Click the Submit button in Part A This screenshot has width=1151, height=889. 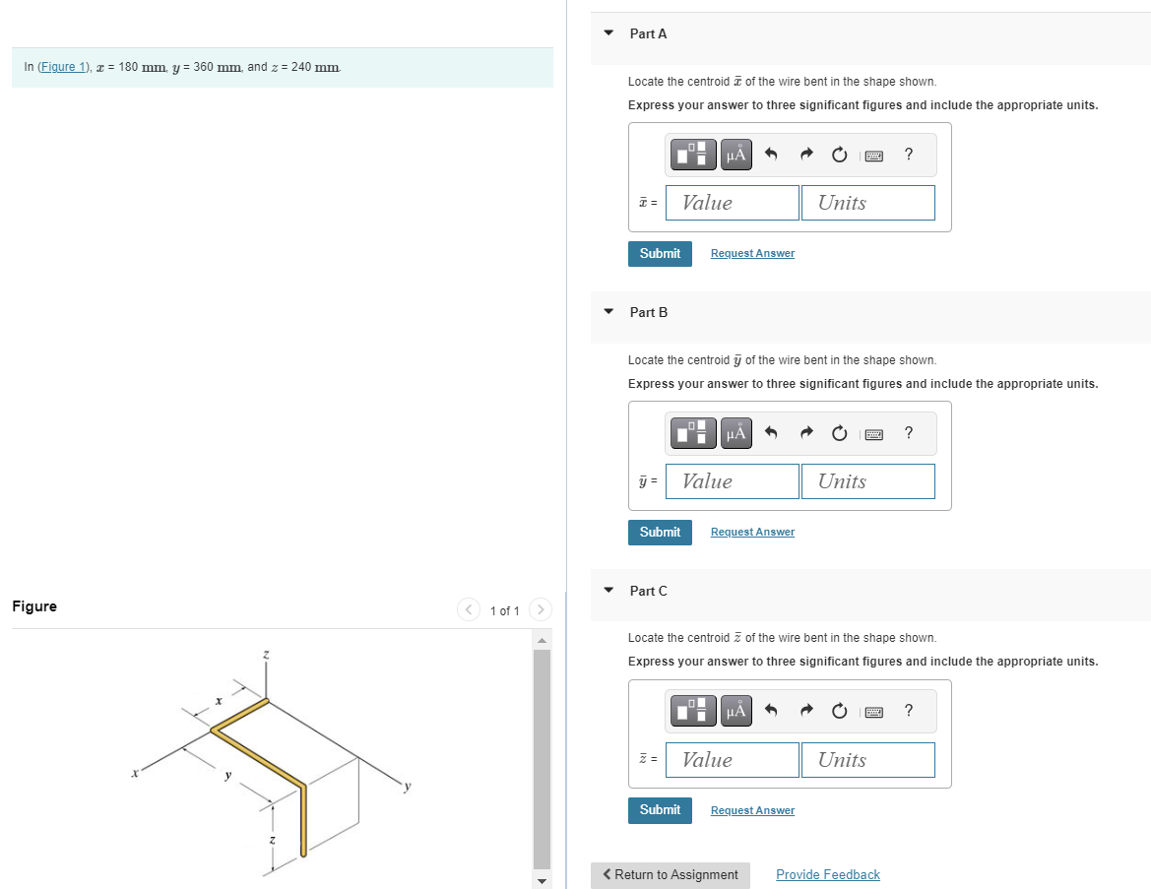point(660,254)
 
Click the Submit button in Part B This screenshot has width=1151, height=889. point(660,533)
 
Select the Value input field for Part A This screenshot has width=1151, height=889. point(732,203)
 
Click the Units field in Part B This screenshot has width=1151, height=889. point(867,481)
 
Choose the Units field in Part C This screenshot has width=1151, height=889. point(867,760)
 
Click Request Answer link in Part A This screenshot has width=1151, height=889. point(752,254)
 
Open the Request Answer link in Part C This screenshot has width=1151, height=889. point(752,811)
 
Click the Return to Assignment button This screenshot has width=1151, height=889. point(671,875)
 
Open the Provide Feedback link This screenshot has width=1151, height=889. point(827,875)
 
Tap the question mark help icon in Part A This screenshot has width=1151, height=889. point(908,154)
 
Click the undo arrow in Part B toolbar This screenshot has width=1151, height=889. point(771,433)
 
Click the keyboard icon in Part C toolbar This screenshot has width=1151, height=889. point(872,711)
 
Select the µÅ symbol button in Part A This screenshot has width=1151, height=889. point(735,155)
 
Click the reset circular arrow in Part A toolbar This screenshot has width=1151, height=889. point(839,155)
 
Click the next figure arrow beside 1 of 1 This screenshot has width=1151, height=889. point(540,610)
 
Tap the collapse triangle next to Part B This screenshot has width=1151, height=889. point(608,312)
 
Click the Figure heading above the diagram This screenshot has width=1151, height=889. point(34,606)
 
